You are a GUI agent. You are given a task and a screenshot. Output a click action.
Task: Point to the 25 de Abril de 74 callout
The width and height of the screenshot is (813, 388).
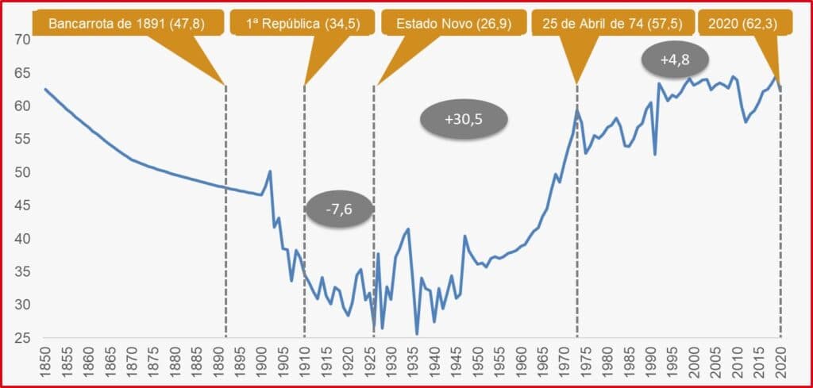point(612,23)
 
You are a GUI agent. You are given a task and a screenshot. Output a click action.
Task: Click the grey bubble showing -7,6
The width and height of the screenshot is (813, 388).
point(339,209)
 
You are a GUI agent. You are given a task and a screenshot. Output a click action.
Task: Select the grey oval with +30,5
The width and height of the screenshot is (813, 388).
point(463,119)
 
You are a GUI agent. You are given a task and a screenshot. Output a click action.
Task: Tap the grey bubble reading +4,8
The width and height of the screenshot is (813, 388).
point(674,60)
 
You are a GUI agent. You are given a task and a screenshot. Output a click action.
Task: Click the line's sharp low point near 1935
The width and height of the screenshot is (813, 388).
point(417,334)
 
